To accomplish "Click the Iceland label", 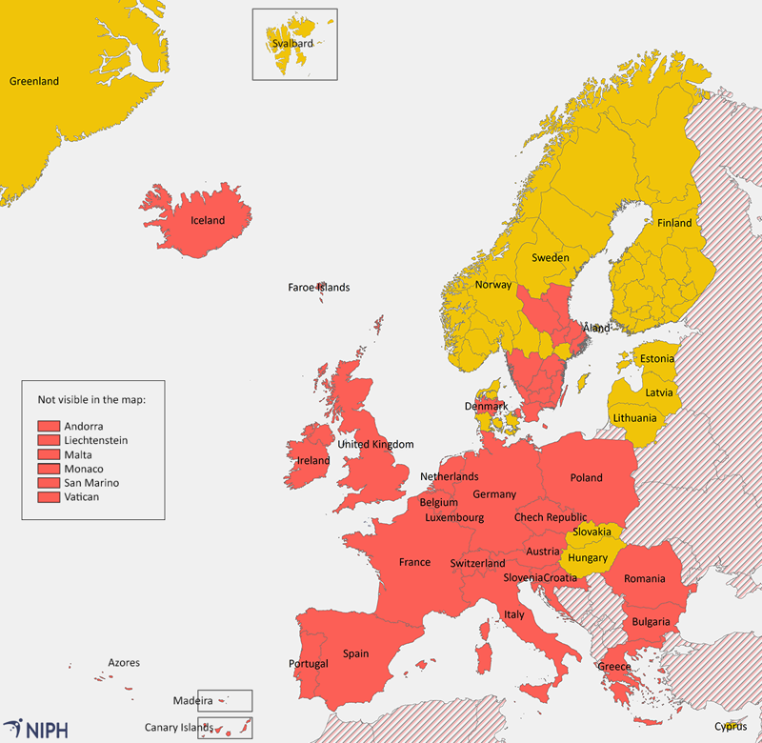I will pyautogui.click(x=208, y=221).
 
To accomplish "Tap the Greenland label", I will pyautogui.click(x=33, y=82).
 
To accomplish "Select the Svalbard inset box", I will pyautogui.click(x=294, y=44).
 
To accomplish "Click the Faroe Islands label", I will pyautogui.click(x=319, y=288).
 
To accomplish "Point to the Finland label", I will pyautogui.click(x=674, y=224).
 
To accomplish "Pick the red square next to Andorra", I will pyautogui.click(x=49, y=427).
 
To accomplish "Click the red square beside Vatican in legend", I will pyautogui.click(x=49, y=497).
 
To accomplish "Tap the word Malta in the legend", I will pyautogui.click(x=78, y=455).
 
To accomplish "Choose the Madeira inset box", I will pyautogui.click(x=225, y=701).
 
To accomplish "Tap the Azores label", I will pyautogui.click(x=124, y=663).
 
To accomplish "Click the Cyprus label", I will pyautogui.click(x=731, y=726).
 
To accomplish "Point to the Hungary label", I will pyautogui.click(x=588, y=558).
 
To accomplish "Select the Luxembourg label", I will pyautogui.click(x=454, y=518).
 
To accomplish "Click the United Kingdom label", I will pyautogui.click(x=375, y=445).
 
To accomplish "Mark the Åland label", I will pyautogui.click(x=596, y=329).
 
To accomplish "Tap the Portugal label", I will pyautogui.click(x=308, y=664).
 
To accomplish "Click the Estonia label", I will pyautogui.click(x=656, y=359).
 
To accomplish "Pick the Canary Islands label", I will pyautogui.click(x=180, y=729).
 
